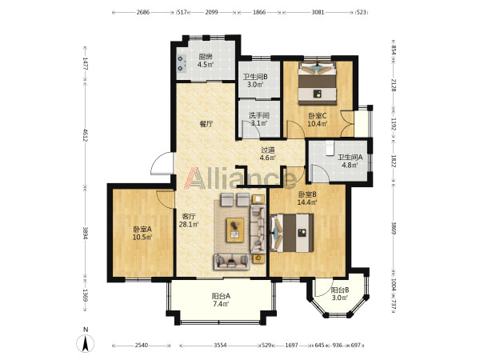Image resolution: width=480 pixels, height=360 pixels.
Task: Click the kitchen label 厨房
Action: pyautogui.click(x=206, y=57)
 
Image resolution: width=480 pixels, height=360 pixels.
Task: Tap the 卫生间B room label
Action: pyautogui.click(x=255, y=77)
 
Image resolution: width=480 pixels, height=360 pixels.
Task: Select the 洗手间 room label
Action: pyautogui.click(x=259, y=115)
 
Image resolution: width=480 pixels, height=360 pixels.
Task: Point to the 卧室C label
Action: pyautogui.click(x=318, y=116)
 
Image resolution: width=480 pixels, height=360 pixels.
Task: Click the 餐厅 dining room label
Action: pyautogui.click(x=206, y=124)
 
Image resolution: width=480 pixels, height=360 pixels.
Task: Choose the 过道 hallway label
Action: pyautogui.click(x=267, y=150)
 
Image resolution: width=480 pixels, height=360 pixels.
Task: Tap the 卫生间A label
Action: pyautogui.click(x=350, y=158)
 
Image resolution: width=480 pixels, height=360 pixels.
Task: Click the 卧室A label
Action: pyautogui.click(x=142, y=229)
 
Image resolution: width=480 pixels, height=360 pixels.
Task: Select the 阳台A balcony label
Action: pyautogui.click(x=221, y=296)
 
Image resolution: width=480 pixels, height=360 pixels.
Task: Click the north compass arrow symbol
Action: pyautogui.click(x=86, y=343)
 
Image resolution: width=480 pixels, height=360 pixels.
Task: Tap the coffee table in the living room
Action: pyautogui.click(x=235, y=230)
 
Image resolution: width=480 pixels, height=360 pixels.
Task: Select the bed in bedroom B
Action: pyautogui.click(x=292, y=233)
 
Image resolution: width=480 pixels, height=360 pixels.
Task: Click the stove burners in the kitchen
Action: pyautogui.click(x=182, y=63)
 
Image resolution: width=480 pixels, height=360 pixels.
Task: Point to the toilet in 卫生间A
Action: pyautogui.click(x=330, y=148)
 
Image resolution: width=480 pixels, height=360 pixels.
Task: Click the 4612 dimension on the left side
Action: pyautogui.click(x=85, y=134)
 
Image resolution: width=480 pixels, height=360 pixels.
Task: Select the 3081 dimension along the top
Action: pyautogui.click(x=318, y=12)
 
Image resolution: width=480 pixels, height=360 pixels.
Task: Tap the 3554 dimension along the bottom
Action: pyautogui.click(x=220, y=346)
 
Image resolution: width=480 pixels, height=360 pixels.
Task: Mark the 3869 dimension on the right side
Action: pyautogui.click(x=394, y=228)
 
